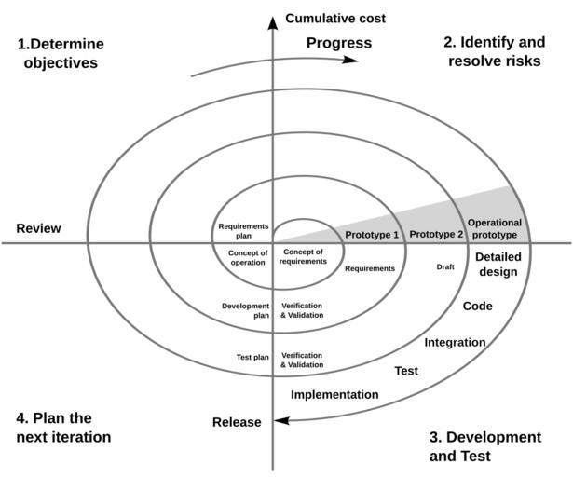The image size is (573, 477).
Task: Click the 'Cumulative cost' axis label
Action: tap(335, 19)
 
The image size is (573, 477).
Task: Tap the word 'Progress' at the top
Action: tap(338, 43)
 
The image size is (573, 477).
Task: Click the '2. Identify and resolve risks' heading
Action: tap(494, 52)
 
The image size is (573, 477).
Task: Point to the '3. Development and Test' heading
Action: tap(484, 446)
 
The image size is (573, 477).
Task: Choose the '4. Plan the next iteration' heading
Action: tap(63, 428)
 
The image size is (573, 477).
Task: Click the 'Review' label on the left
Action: tap(38, 228)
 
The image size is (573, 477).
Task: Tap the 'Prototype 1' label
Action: tap(372, 235)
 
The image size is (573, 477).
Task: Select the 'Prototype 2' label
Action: tap(436, 235)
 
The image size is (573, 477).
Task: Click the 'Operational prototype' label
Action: tap(494, 229)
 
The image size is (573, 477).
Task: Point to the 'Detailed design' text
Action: tap(497, 265)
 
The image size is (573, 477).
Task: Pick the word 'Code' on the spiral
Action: tap(478, 307)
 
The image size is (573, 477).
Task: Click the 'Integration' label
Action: tap(455, 342)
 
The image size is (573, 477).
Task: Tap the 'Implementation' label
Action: tap(334, 395)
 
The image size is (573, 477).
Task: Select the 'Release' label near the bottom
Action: tap(237, 422)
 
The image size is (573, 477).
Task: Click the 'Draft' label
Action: tap(445, 267)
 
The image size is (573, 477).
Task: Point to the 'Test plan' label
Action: tap(252, 358)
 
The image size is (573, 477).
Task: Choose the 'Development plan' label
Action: tap(246, 310)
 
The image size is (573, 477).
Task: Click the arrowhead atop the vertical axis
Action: tap(272, 21)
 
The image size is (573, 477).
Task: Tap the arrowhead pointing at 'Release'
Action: tap(281, 419)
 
